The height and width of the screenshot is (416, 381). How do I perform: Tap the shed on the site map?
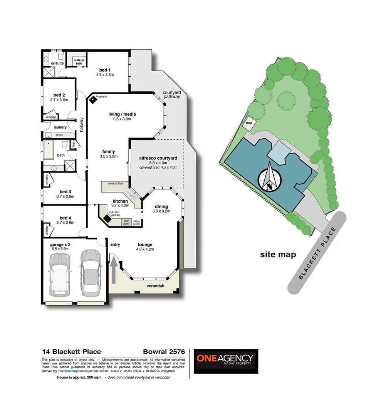[x=249, y=123]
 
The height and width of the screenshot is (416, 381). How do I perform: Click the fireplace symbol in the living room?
[x=93, y=99]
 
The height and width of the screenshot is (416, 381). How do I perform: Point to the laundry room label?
[x=60, y=127]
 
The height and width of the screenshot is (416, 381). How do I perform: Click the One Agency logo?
[x=225, y=361]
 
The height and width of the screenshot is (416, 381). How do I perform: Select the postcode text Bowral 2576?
[x=164, y=352]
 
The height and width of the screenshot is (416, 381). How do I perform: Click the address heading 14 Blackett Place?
[x=71, y=352]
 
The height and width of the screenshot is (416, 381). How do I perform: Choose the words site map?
[x=278, y=254]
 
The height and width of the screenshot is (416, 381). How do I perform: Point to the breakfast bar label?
[x=114, y=183]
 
